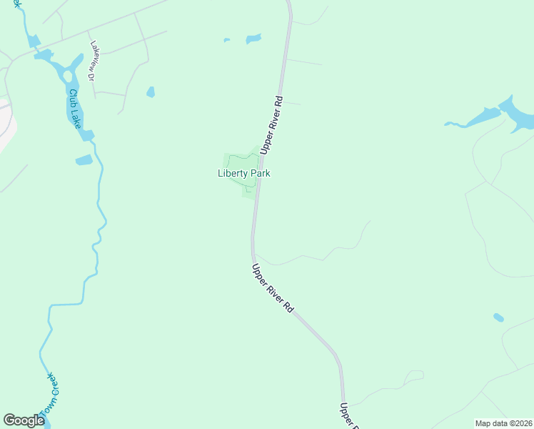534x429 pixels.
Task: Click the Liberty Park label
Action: tap(243, 173)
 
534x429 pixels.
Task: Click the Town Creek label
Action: tap(49, 395)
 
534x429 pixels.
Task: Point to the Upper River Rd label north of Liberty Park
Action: tap(272, 125)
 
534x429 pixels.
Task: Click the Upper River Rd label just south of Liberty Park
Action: tap(273, 288)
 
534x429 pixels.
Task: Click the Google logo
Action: tap(24, 420)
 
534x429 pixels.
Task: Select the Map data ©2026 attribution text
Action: tap(503, 423)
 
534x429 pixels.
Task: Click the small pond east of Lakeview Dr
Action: tap(151, 92)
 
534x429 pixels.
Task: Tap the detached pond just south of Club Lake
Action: tap(84, 160)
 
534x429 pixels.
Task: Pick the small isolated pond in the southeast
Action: tap(498, 317)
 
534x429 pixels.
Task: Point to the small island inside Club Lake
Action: tap(68, 76)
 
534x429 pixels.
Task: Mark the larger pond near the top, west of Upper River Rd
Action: tap(253, 39)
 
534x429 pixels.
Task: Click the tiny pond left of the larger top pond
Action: tap(227, 40)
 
